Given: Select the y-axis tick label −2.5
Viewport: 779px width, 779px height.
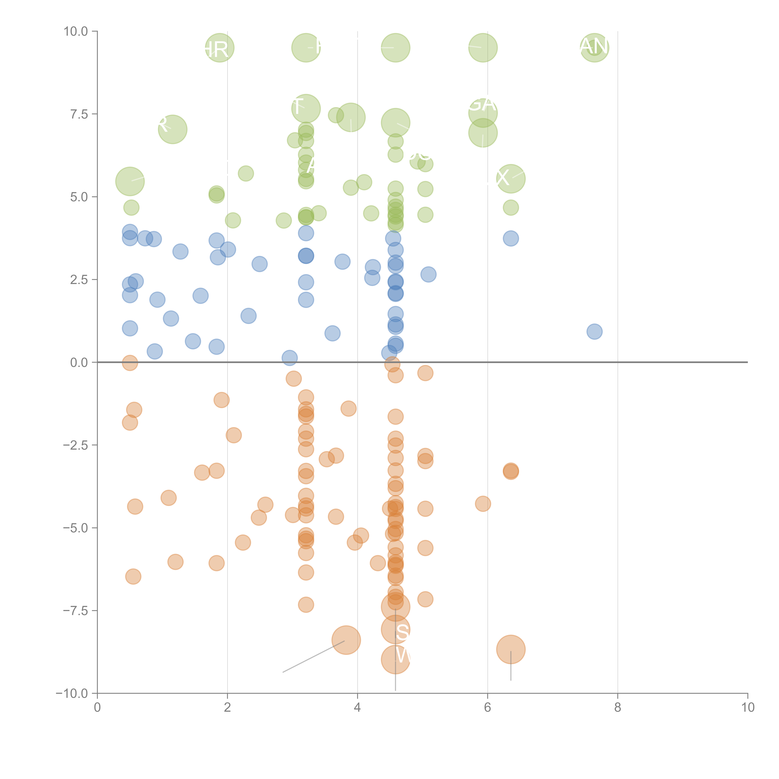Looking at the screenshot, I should (75, 445).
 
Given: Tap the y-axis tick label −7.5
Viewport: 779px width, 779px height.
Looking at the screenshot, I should (75, 610).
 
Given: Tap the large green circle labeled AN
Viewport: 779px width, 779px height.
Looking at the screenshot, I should (594, 48).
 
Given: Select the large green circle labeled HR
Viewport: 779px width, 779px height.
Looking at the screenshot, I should (220, 48).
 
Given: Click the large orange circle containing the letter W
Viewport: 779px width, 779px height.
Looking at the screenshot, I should (396, 660).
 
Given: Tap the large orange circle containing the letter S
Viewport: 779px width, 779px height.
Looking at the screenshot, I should (396, 629).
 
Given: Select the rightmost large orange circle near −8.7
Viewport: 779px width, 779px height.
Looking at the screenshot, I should (511, 649).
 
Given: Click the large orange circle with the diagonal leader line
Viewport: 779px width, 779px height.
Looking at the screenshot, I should (346, 640).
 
